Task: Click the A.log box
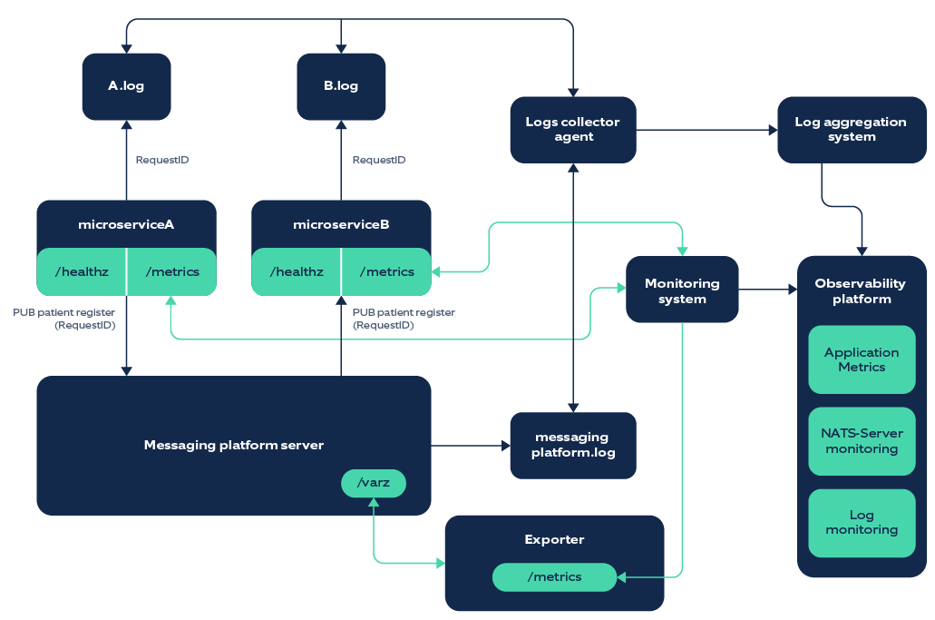pos(126,86)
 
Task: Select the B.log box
pos(341,86)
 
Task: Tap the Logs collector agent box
pos(573,130)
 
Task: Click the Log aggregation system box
pos(852,130)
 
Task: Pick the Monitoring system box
pos(682,290)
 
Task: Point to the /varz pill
pos(374,483)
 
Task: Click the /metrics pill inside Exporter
pos(553,576)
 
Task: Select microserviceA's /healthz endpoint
pos(81,271)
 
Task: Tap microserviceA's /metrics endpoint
pos(172,271)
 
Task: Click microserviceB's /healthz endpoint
pos(296,271)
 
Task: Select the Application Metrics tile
pos(862,359)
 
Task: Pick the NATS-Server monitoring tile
pos(862,441)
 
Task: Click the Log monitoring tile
pos(862,523)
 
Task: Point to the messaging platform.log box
pos(573,445)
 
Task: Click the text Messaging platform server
pos(233,445)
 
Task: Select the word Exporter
pos(554,539)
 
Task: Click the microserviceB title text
pos(341,224)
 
